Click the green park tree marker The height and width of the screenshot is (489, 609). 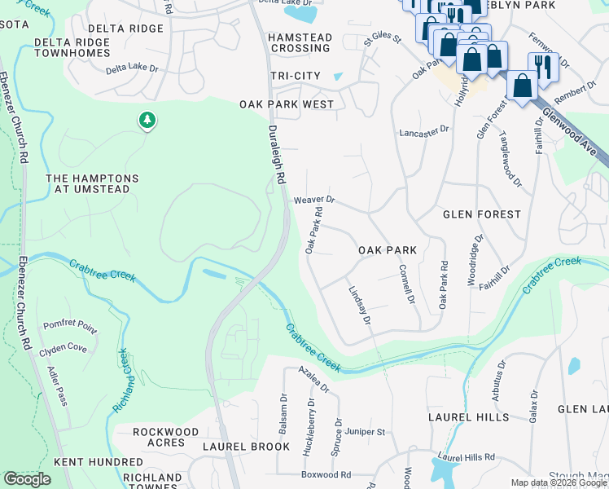click(x=147, y=121)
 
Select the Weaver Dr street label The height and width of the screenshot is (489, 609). click(x=315, y=200)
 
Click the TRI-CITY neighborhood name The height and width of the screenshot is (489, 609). click(x=296, y=76)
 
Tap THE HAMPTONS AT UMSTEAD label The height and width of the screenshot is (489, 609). click(x=92, y=184)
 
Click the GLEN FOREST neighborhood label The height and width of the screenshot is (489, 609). click(x=481, y=214)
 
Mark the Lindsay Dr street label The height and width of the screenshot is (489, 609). click(x=359, y=306)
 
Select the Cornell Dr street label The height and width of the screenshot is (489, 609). click(x=406, y=284)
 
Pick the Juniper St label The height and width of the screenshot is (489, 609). click(x=364, y=431)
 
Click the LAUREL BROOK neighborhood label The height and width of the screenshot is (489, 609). click(x=246, y=447)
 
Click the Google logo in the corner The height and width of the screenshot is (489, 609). click(x=27, y=479)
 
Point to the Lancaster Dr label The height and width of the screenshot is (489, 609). click(x=424, y=131)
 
